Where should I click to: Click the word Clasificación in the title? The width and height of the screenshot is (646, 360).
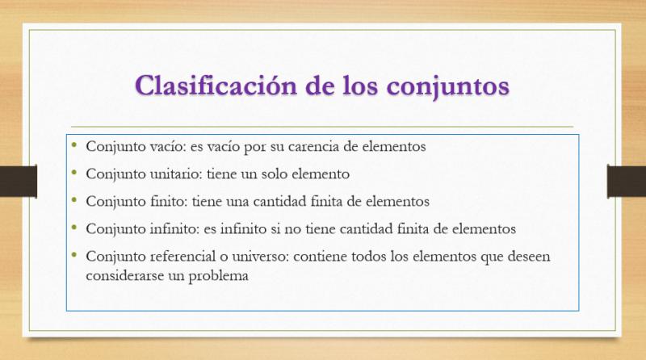pyautogui.click(x=216, y=86)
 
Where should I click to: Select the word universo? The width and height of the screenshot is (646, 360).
pyautogui.click(x=261, y=257)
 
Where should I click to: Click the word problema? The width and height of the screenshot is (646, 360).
pyautogui.click(x=218, y=276)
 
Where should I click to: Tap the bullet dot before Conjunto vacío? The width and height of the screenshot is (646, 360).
pyautogui.click(x=74, y=144)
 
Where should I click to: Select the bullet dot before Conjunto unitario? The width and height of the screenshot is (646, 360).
pyautogui.click(x=74, y=172)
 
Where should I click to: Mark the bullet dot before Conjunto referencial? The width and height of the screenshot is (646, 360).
pyautogui.click(x=74, y=254)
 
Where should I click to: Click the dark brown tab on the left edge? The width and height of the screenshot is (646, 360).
pyautogui.click(x=19, y=182)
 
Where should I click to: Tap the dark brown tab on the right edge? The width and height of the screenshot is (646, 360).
pyautogui.click(x=627, y=182)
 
